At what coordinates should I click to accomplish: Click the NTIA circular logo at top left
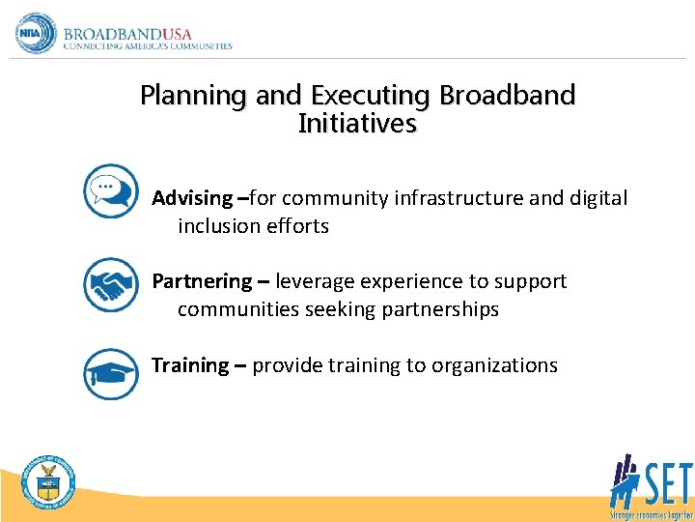[x=36, y=33]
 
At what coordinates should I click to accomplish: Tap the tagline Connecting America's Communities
[x=148, y=45]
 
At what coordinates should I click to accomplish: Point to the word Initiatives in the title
[x=357, y=124]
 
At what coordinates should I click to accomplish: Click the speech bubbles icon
[x=110, y=190]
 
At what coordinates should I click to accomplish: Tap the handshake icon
[x=110, y=284]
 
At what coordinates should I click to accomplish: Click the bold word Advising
[x=192, y=198]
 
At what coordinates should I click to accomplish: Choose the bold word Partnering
[x=202, y=281]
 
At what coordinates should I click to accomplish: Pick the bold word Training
[x=190, y=365]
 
